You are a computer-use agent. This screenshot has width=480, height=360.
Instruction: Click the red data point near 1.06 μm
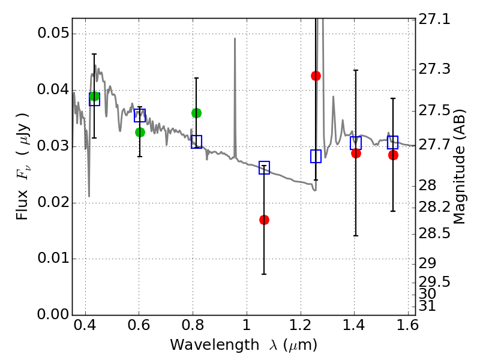(x=264, y=220)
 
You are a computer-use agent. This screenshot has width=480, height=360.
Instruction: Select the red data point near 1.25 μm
(x=316, y=76)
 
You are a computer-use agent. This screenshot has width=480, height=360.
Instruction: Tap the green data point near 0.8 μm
(x=197, y=113)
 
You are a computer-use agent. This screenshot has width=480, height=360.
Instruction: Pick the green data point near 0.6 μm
(x=140, y=132)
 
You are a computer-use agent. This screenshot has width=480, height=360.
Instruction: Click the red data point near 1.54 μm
(x=394, y=155)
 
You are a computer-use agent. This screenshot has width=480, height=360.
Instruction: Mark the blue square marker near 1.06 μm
(x=264, y=167)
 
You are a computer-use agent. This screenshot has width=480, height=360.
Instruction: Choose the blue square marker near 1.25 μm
(x=316, y=157)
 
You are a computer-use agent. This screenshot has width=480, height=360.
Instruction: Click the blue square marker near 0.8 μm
(x=197, y=142)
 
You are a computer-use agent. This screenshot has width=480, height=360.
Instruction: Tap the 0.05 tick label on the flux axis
(x=53, y=33)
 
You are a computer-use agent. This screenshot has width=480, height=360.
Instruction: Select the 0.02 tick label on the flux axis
(x=53, y=202)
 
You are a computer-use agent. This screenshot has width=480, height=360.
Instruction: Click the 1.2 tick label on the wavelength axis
(x=301, y=325)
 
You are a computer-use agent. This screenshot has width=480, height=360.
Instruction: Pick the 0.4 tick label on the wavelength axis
(x=85, y=325)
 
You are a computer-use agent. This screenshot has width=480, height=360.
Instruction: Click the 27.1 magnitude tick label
(x=434, y=20)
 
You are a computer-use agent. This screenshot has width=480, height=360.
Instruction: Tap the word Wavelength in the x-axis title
(x=215, y=345)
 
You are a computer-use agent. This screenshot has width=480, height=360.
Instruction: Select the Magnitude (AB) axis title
(x=459, y=166)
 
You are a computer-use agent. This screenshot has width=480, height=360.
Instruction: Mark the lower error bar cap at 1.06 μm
(x=264, y=274)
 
